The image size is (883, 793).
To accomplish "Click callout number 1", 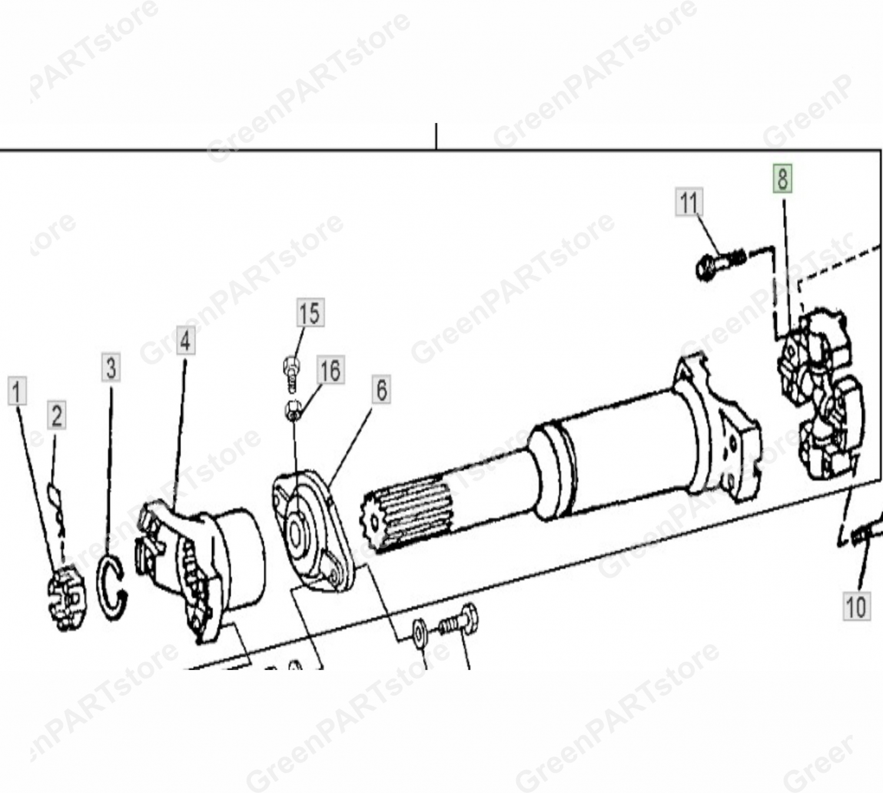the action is point(17,391).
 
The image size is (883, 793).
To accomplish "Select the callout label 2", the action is point(57,415).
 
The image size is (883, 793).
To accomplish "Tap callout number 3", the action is point(111,368).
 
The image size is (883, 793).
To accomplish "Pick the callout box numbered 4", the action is point(186,340).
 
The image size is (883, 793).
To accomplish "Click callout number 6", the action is point(381,389).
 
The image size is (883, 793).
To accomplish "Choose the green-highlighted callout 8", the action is point(783,178).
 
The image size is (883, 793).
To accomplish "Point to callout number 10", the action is point(857,607).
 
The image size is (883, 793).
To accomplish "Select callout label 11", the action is point(689,202).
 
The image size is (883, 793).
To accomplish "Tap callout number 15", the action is point(310,312).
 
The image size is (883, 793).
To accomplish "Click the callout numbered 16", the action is point(331,369).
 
